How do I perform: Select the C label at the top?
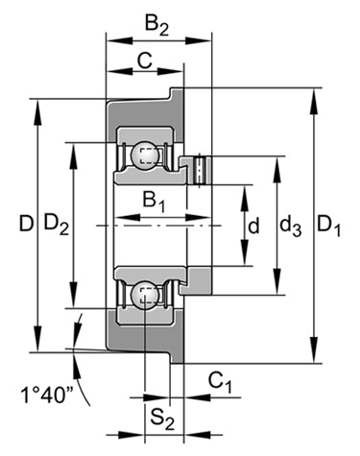point(145,60)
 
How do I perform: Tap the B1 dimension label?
point(155,203)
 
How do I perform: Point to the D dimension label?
point(26,224)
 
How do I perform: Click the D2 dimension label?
point(57,224)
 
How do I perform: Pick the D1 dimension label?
point(329,226)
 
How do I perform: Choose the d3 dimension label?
point(291,227)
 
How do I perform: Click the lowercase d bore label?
point(253,226)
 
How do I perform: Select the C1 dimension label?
point(220,382)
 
